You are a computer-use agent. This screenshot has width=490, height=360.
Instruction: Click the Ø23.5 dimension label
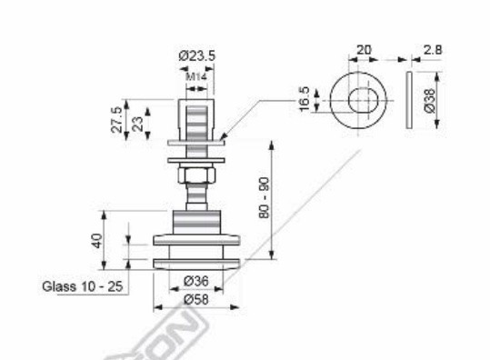click(x=197, y=56)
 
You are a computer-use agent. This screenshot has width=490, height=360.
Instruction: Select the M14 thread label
click(x=196, y=77)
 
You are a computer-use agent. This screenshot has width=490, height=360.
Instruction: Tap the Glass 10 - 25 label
click(x=83, y=285)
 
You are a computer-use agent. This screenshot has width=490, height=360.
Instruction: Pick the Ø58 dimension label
click(x=196, y=298)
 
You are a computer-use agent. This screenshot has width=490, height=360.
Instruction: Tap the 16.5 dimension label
click(x=305, y=99)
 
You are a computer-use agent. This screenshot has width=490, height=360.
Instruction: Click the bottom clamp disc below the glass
click(x=197, y=263)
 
